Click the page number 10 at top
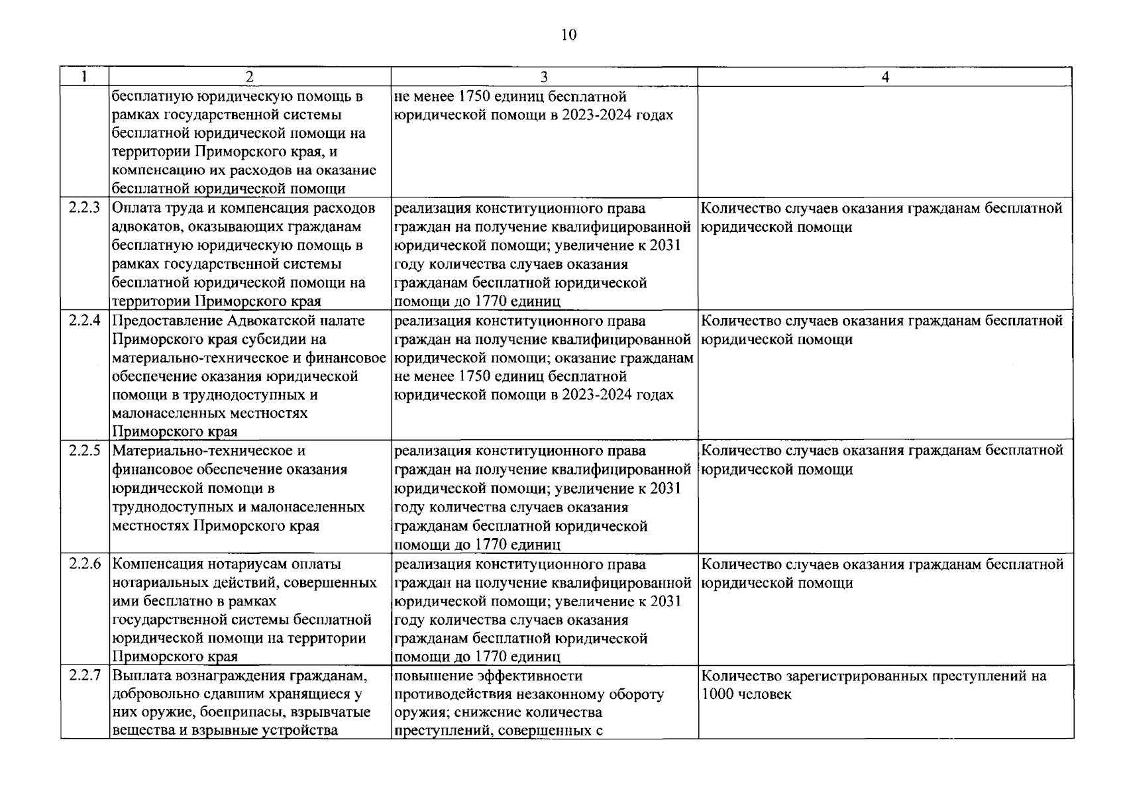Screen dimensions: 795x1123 [x=568, y=35]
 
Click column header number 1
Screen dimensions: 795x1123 [x=85, y=77]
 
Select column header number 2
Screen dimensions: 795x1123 [x=250, y=77]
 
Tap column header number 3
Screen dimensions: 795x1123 [x=544, y=77]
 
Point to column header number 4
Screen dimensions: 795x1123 [x=885, y=77]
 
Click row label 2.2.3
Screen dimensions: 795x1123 [x=85, y=208]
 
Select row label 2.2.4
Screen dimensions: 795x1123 [x=85, y=321]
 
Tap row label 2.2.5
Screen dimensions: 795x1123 [x=85, y=451]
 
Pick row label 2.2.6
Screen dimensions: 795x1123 [x=85, y=564]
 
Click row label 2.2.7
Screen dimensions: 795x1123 [x=85, y=676]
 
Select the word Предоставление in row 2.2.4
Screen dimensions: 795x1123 [x=167, y=321]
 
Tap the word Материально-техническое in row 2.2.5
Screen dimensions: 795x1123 [x=209, y=451]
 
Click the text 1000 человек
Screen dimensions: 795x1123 [x=746, y=695]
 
